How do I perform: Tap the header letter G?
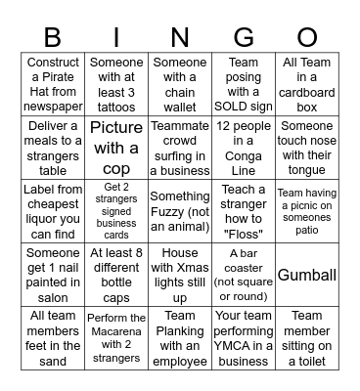[x=244, y=37]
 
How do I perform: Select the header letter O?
[x=307, y=37]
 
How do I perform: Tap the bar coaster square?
[x=244, y=276]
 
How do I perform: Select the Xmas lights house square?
[x=180, y=276]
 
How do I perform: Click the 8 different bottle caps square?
[x=116, y=276]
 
